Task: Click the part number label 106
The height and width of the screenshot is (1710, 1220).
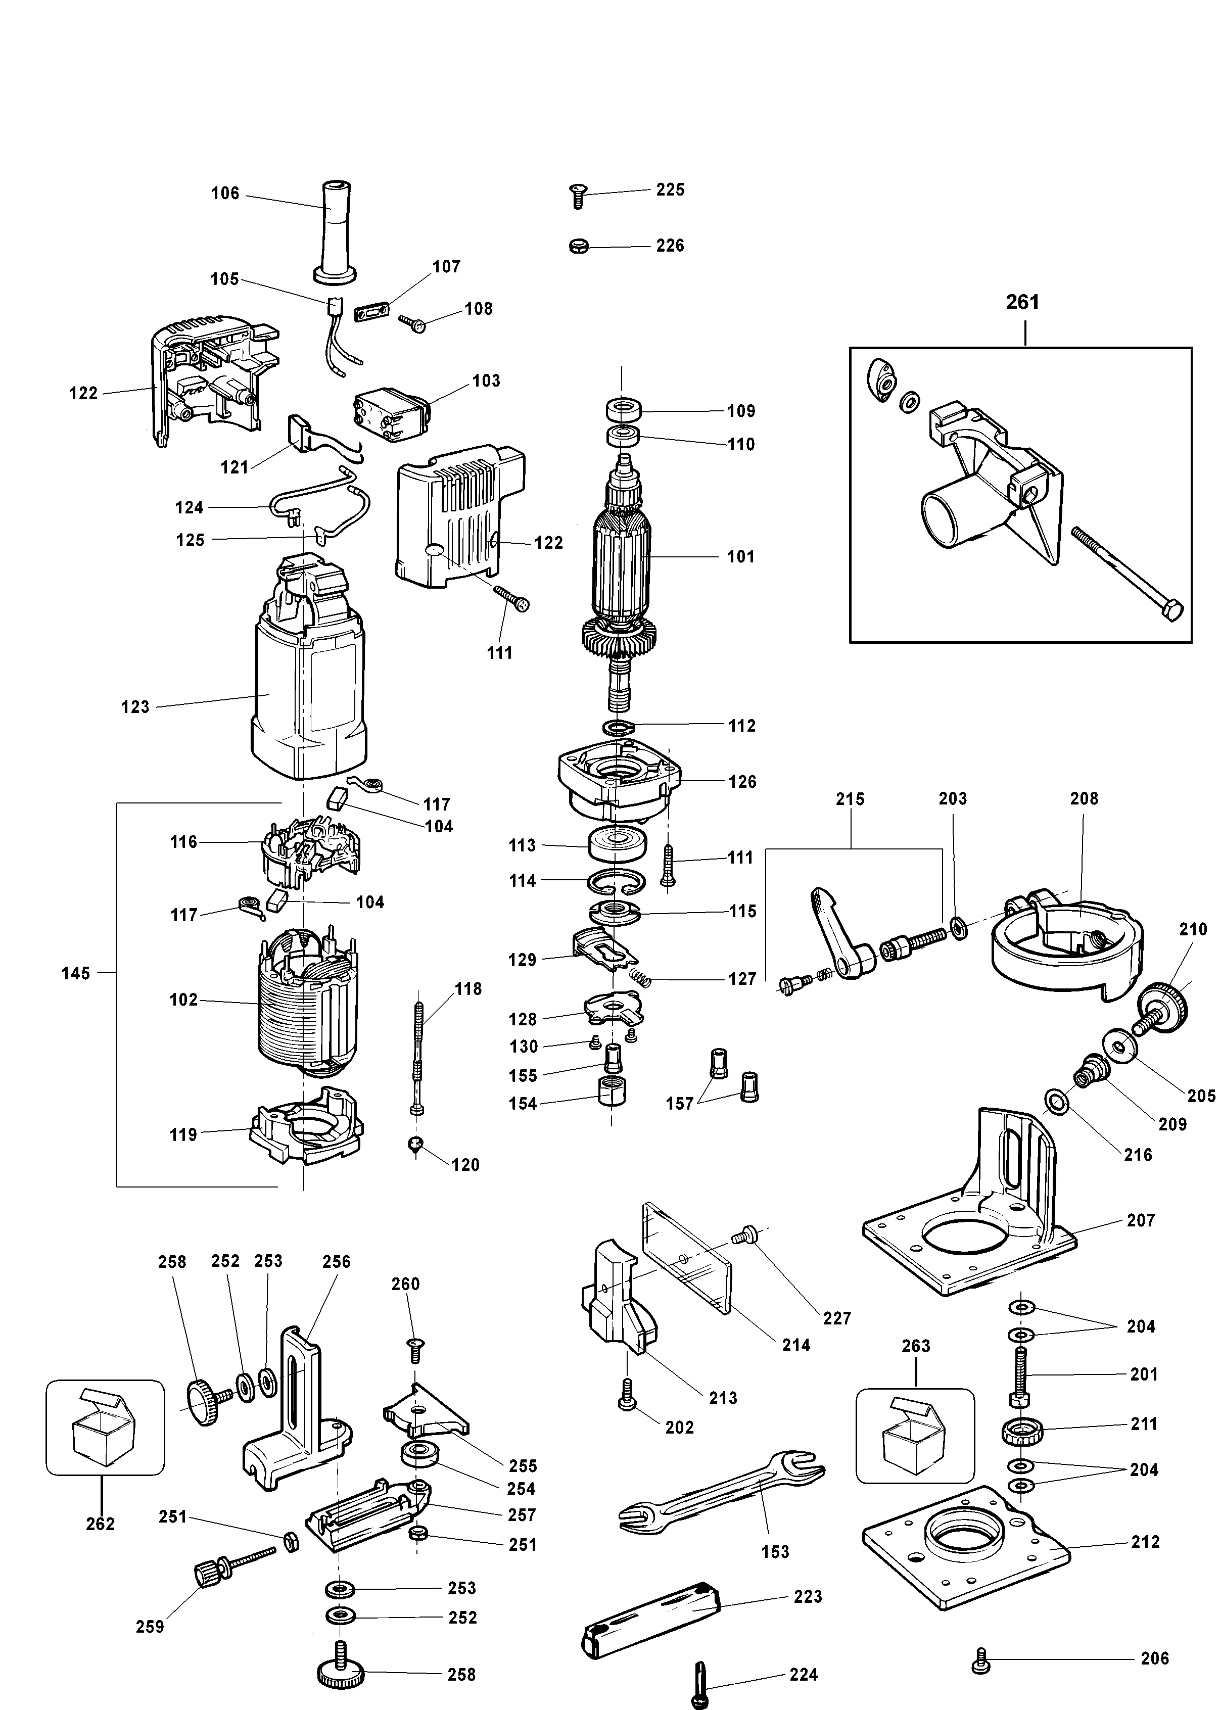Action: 224,193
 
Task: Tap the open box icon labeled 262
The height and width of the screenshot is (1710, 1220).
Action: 105,1427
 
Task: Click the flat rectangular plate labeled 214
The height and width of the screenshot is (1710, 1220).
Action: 685,1258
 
